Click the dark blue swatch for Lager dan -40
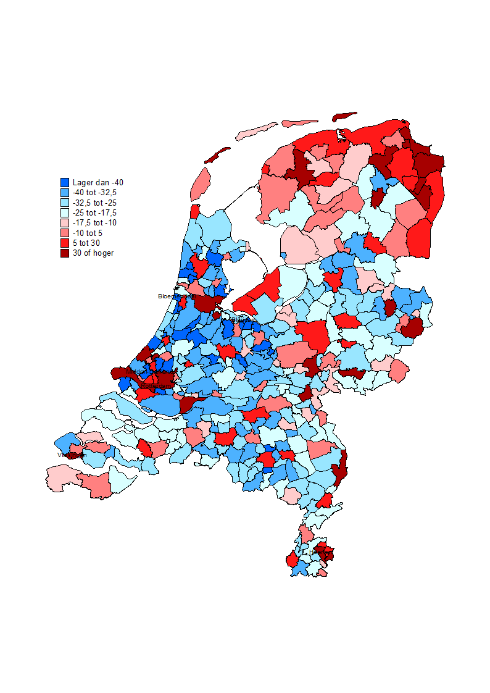point(65,183)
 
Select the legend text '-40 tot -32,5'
point(94,192)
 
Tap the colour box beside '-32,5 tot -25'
point(65,203)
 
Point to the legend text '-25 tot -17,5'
point(94,212)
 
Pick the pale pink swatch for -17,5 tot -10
point(65,222)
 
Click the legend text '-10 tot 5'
point(88,233)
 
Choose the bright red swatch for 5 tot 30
point(65,243)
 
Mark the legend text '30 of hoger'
point(93,253)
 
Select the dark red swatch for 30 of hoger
point(65,253)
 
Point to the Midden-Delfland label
point(151,372)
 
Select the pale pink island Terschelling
point(256,131)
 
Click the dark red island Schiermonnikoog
point(344,116)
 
